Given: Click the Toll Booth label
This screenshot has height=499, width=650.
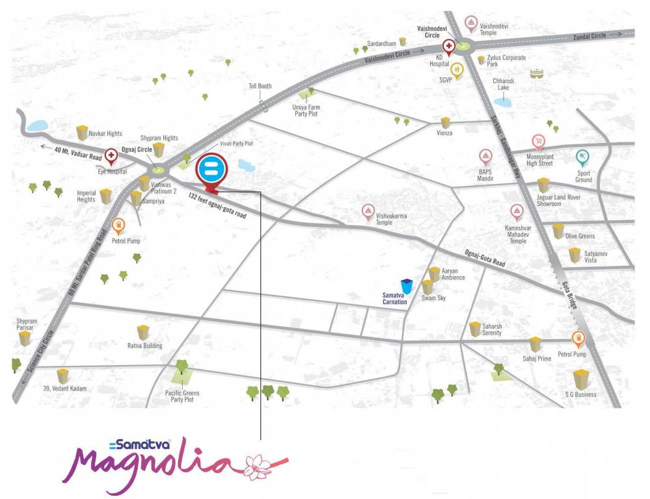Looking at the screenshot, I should (x=260, y=86).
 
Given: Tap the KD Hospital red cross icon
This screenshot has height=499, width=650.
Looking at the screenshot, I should (x=448, y=47).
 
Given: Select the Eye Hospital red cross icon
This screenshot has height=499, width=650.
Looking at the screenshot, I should (x=111, y=156).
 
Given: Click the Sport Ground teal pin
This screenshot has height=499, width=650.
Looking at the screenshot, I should (x=582, y=157).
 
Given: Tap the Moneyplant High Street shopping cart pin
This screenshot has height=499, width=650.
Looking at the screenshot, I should (x=538, y=142).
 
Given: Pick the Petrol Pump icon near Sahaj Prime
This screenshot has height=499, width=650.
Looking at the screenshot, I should (x=576, y=339).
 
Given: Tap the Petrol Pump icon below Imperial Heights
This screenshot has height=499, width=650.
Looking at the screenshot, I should (x=118, y=225).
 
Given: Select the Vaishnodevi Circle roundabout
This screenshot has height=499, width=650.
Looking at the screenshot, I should (x=463, y=45).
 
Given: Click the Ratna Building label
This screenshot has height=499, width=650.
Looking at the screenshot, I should (x=144, y=346).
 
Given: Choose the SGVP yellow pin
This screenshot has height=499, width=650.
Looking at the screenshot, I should (x=457, y=69).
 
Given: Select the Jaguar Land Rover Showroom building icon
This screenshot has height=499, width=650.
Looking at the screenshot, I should (x=543, y=185).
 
